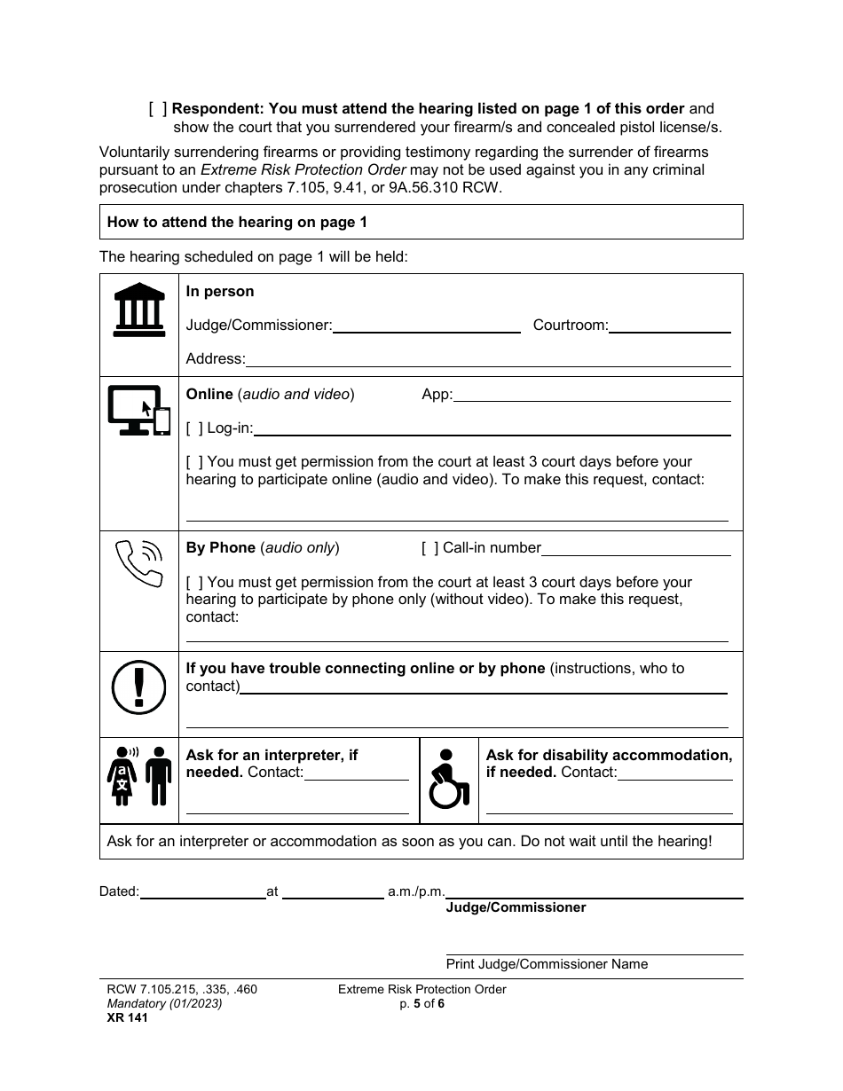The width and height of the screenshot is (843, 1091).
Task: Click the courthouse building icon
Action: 139,310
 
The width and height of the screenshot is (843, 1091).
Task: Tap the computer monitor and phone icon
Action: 139,410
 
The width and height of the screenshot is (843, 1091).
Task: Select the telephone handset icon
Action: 139,563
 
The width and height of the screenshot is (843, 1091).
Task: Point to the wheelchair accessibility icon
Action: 448,779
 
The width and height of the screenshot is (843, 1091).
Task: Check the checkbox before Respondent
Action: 158,109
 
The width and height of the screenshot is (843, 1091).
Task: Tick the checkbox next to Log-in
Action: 194,428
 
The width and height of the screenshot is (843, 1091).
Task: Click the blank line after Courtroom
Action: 670,327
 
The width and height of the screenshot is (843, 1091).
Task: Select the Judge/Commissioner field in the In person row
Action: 426,327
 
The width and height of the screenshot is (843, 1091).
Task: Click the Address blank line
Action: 488,361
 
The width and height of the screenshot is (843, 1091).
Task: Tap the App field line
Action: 592,396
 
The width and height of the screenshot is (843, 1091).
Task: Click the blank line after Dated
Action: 202,893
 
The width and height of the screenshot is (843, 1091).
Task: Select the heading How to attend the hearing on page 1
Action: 237,223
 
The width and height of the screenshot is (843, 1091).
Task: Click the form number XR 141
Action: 123,1018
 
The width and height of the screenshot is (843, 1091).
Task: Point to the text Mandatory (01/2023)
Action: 160,1004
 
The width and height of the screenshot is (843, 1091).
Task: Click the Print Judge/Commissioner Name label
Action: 547,964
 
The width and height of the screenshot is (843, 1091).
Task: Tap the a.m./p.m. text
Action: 415,891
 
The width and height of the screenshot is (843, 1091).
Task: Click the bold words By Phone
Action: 220,548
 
